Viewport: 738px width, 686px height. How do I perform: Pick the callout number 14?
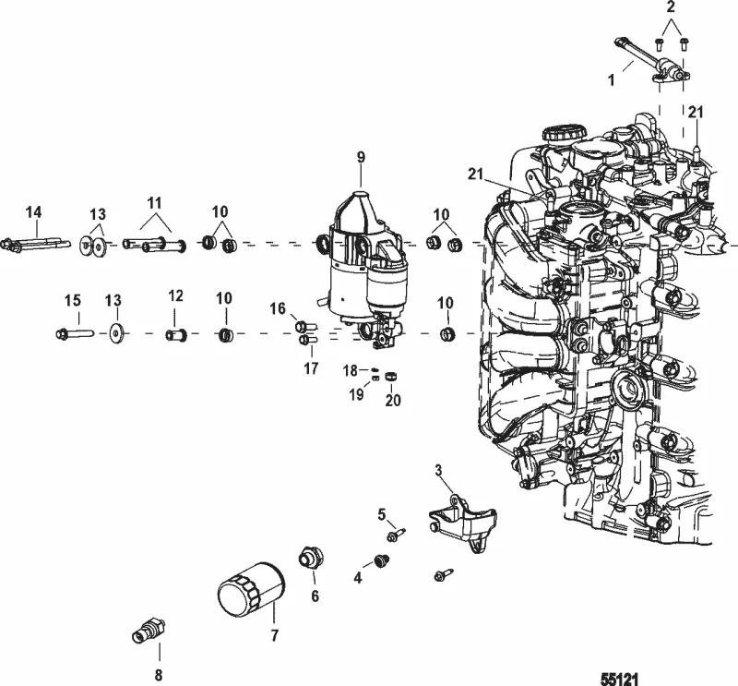point(33,213)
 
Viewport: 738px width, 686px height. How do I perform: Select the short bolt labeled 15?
point(74,331)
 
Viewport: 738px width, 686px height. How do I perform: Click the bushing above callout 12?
point(176,331)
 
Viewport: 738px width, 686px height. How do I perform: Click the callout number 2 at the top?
point(672,7)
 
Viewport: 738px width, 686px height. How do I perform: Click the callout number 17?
point(310,368)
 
